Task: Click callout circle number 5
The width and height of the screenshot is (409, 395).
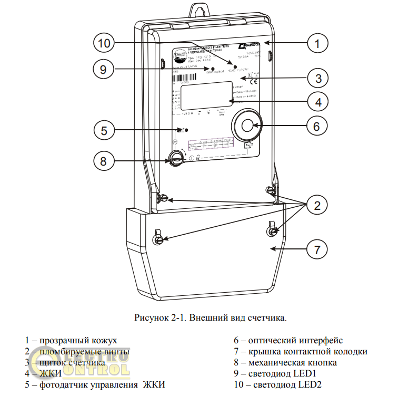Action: tap(104, 130)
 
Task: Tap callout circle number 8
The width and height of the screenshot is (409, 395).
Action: tap(104, 161)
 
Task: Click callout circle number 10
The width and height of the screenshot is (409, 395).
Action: tap(104, 43)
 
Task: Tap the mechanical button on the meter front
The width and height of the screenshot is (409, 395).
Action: tap(176, 157)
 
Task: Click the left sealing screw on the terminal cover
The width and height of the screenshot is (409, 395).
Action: tap(157, 239)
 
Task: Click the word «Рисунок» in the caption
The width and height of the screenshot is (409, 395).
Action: tap(150, 317)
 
